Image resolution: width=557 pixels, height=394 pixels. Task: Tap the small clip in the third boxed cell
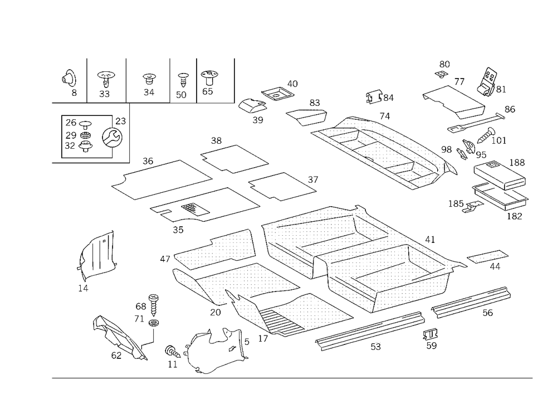tap(148, 82)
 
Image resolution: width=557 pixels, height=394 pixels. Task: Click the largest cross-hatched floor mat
tap(356, 251)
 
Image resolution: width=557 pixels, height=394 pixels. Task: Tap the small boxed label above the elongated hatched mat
tap(379, 99)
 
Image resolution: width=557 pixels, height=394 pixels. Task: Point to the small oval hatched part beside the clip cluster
tap(278, 93)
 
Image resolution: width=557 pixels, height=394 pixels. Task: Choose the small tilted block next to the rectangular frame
tap(488, 82)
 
